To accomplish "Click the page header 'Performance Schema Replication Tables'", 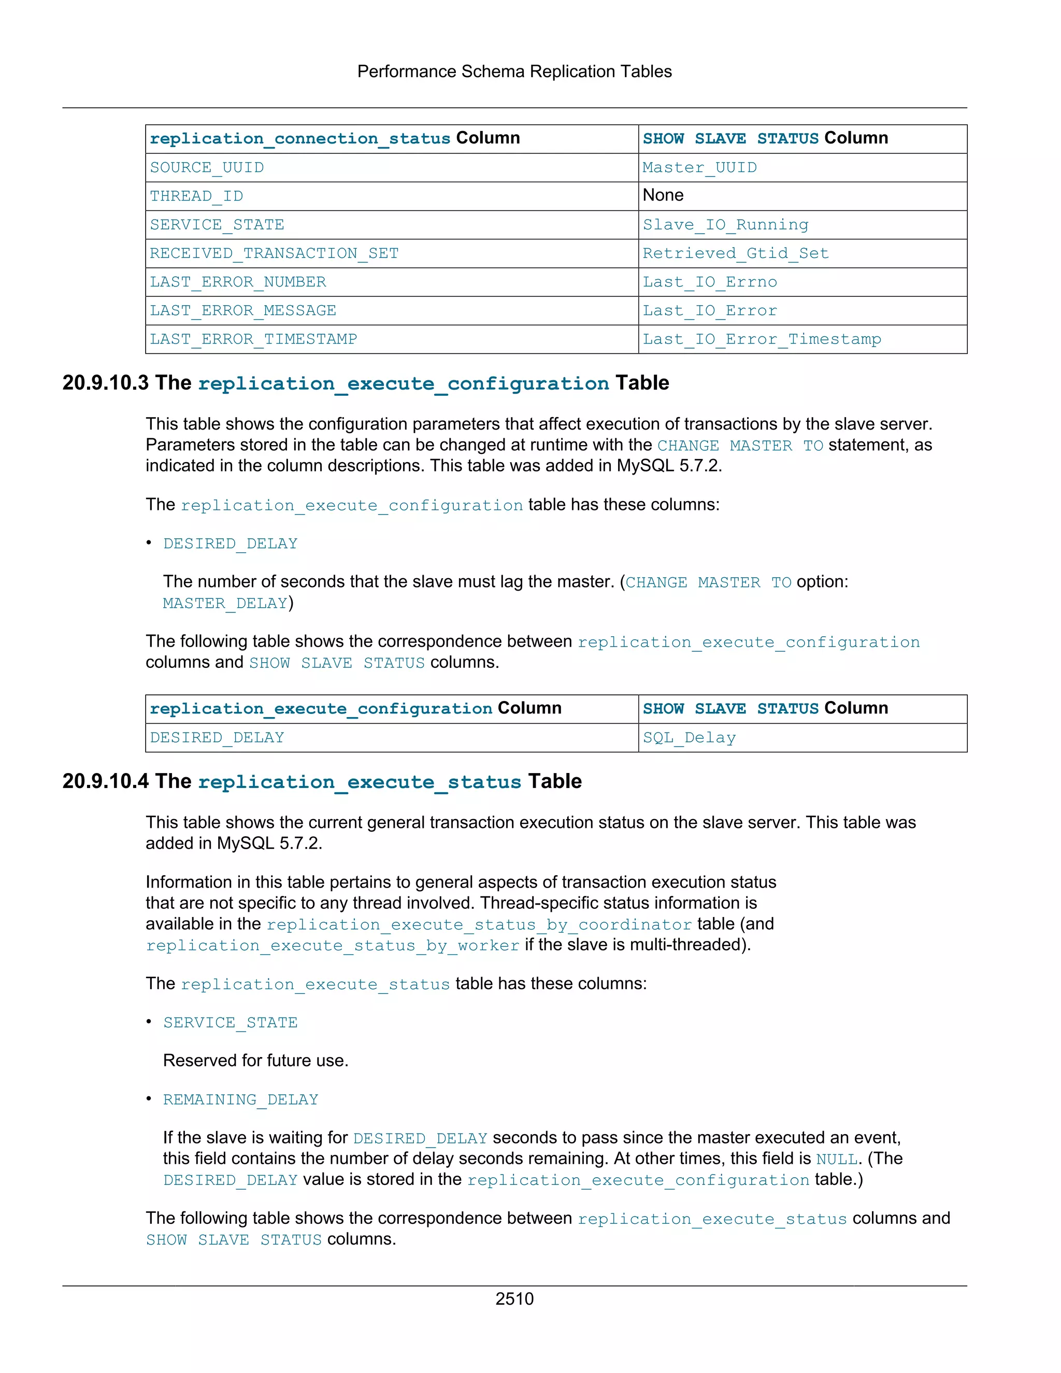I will point(514,71).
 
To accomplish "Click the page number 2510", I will point(514,1299).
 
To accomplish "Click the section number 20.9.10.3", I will point(106,383).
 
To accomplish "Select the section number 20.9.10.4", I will point(106,781).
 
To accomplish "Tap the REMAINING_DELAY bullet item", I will point(241,1099).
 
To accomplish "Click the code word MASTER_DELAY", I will point(225,604).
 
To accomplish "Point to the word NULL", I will point(837,1159).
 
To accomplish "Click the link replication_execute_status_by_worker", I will point(333,946).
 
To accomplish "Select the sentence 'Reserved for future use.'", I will point(255,1061).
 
